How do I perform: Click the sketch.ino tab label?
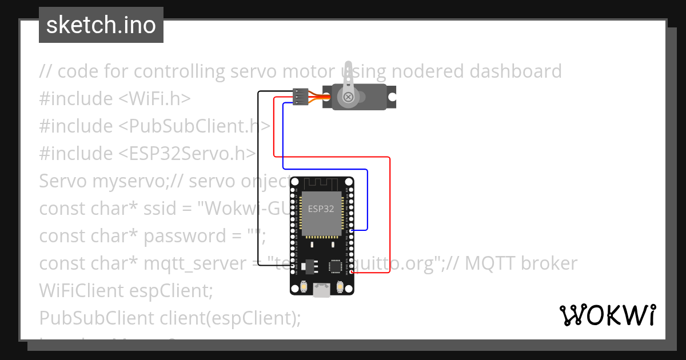coord(101,25)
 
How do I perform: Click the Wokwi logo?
coord(607,315)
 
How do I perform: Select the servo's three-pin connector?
coord(300,96)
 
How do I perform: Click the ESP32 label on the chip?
coord(321,209)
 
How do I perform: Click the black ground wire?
coord(258,183)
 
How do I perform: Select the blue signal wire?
coord(367,200)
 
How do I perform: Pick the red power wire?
coord(389,217)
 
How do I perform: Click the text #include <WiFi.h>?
coord(114,99)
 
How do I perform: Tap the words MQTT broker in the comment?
coord(522,263)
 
